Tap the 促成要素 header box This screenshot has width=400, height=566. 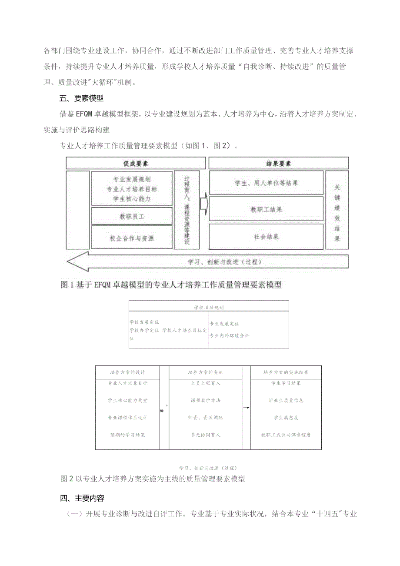[x=135, y=164]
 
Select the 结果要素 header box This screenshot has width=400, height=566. [x=279, y=164]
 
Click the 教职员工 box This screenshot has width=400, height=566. [x=132, y=216]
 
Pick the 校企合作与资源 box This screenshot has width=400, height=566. [x=132, y=238]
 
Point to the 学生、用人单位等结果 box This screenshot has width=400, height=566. [x=267, y=183]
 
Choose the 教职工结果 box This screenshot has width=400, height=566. [x=267, y=209]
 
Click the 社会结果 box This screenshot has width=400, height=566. [x=267, y=237]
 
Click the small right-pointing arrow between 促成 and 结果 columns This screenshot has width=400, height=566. [x=204, y=204]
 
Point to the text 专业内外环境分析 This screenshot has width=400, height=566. [x=230, y=335]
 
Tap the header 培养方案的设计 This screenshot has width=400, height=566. [x=127, y=372]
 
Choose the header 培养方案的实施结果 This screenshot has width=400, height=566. [x=286, y=372]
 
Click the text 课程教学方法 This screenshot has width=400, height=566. [x=205, y=400]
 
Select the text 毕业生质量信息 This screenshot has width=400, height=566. [x=286, y=400]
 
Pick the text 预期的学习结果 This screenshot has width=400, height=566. [x=127, y=435]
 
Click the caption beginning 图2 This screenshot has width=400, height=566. [x=153, y=479]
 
